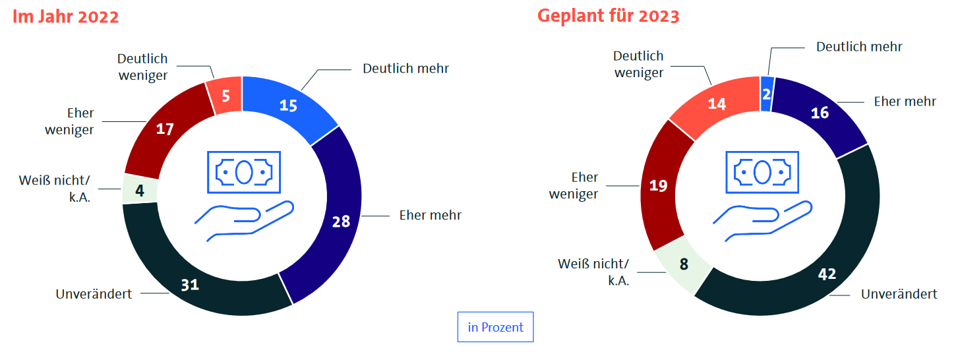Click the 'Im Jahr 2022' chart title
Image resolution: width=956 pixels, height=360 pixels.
click(x=66, y=16)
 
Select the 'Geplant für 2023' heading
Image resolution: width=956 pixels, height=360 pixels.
click(x=608, y=16)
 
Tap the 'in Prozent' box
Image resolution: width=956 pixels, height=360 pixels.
click(x=495, y=327)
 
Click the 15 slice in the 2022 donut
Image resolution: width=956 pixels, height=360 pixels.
click(x=288, y=105)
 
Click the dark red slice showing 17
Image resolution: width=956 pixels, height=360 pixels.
click(x=165, y=130)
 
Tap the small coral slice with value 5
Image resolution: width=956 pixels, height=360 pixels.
click(x=225, y=96)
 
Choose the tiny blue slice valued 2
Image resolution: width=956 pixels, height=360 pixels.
click(x=766, y=93)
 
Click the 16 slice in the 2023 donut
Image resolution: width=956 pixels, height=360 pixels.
click(x=820, y=113)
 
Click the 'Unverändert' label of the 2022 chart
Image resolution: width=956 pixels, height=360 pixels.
click(x=94, y=294)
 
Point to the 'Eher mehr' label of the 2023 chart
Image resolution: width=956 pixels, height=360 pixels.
click(x=905, y=102)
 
